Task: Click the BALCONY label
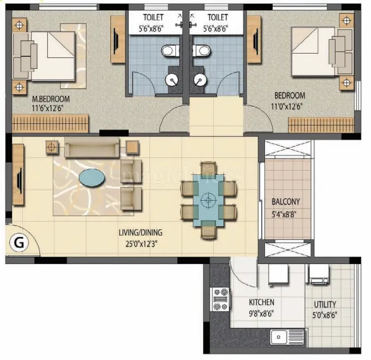tap(286, 201)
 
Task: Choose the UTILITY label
tap(324, 304)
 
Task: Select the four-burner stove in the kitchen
tap(220, 299)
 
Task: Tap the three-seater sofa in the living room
tap(91, 149)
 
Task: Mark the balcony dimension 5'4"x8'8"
tap(286, 213)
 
